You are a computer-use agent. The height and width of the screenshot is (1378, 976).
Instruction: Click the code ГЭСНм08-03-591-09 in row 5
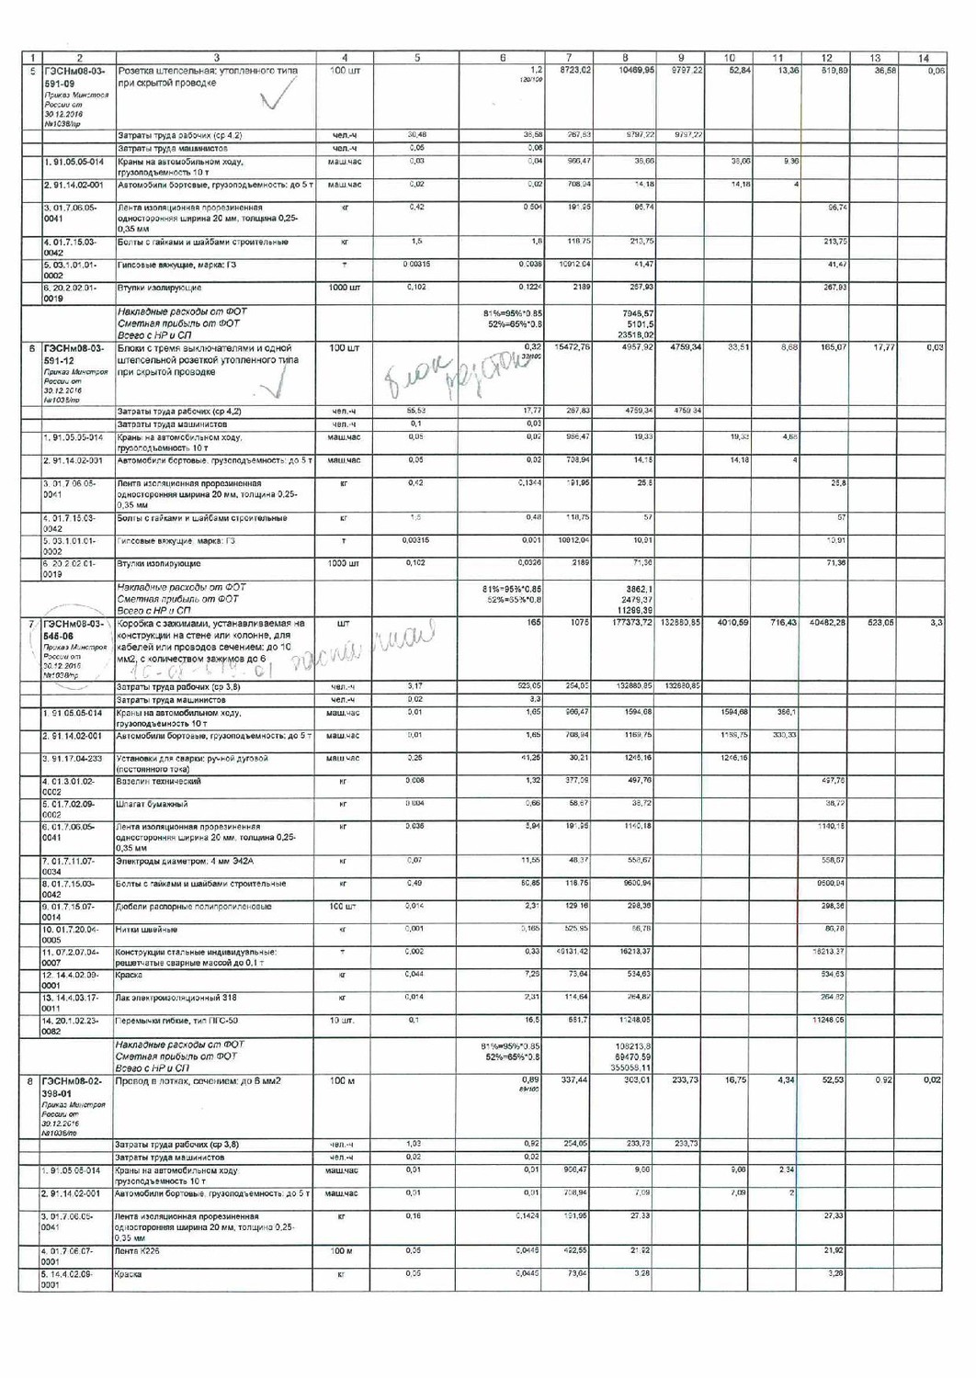(x=74, y=76)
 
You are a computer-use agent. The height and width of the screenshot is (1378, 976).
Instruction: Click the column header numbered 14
(x=923, y=58)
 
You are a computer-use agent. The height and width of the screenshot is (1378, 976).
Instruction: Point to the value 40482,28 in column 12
(x=827, y=623)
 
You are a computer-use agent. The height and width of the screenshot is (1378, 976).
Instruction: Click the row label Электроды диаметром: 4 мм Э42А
(x=184, y=861)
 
